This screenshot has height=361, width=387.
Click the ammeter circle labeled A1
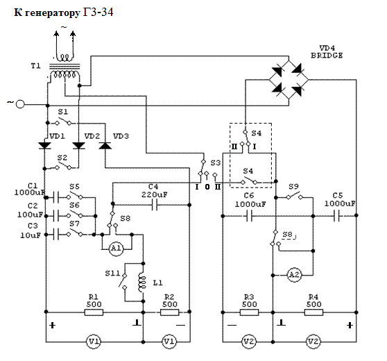click(116, 249)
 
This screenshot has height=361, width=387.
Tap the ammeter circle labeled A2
click(294, 274)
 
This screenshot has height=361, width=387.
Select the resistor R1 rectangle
click(94, 312)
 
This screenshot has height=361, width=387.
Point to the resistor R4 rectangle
click(313, 312)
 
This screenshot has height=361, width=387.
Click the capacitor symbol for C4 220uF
click(155, 205)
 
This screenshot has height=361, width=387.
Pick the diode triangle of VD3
click(105, 146)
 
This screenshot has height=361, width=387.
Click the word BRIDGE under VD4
click(327, 56)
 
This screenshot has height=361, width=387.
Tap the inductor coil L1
click(141, 283)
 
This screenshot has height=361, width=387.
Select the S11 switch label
click(112, 274)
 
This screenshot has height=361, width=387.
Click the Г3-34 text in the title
click(98, 12)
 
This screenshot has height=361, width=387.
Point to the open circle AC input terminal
click(20, 104)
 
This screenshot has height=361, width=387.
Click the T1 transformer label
click(35, 66)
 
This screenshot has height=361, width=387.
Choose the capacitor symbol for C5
click(337, 215)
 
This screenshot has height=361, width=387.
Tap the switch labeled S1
click(63, 121)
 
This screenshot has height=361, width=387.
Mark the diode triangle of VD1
click(44, 146)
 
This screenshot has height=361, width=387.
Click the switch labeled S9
click(294, 196)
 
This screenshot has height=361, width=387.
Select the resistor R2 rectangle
click(169, 312)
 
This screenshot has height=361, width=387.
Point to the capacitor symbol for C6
click(249, 216)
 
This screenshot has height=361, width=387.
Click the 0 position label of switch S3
click(207, 187)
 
